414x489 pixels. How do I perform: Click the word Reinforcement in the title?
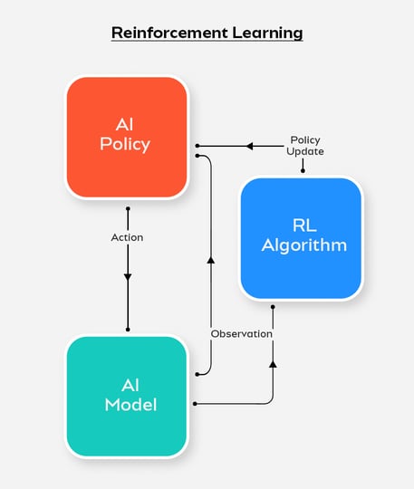168,33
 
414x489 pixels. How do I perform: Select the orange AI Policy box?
127,136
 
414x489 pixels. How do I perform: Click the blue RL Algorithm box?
301,237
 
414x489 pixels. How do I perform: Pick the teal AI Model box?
127,397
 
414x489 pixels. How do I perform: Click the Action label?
128,237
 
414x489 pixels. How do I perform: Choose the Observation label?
241,333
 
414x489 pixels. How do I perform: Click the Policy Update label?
306,146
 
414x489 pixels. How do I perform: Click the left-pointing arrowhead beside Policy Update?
252,146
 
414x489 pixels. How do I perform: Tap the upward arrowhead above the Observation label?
210,260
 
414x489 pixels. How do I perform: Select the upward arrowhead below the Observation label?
273,363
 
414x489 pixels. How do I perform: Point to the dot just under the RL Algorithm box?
273,307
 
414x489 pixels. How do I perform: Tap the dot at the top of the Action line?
128,208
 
